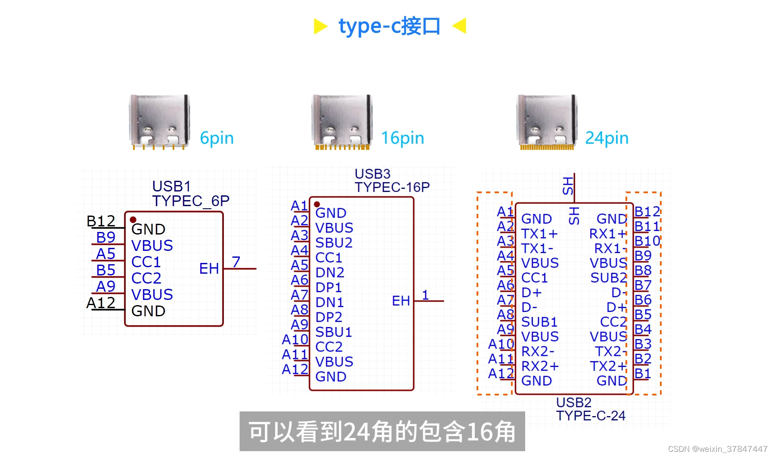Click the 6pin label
[217, 138]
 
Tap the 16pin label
[402, 138]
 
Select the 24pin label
[607, 138]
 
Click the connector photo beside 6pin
[159, 121]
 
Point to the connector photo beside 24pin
[547, 121]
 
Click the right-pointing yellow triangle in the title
[320, 26]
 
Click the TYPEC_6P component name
[191, 201]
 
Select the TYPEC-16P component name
[392, 187]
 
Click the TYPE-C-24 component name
[591, 416]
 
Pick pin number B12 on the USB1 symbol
[101, 221]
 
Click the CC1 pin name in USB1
[146, 262]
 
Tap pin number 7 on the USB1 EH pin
[236, 262]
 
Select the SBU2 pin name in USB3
[334, 243]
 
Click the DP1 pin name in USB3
[328, 287]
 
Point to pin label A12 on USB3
[295, 369]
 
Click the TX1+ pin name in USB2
[539, 234]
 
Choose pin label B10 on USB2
[647, 241]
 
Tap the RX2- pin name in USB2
[538, 352]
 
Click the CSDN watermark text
[718, 449]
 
